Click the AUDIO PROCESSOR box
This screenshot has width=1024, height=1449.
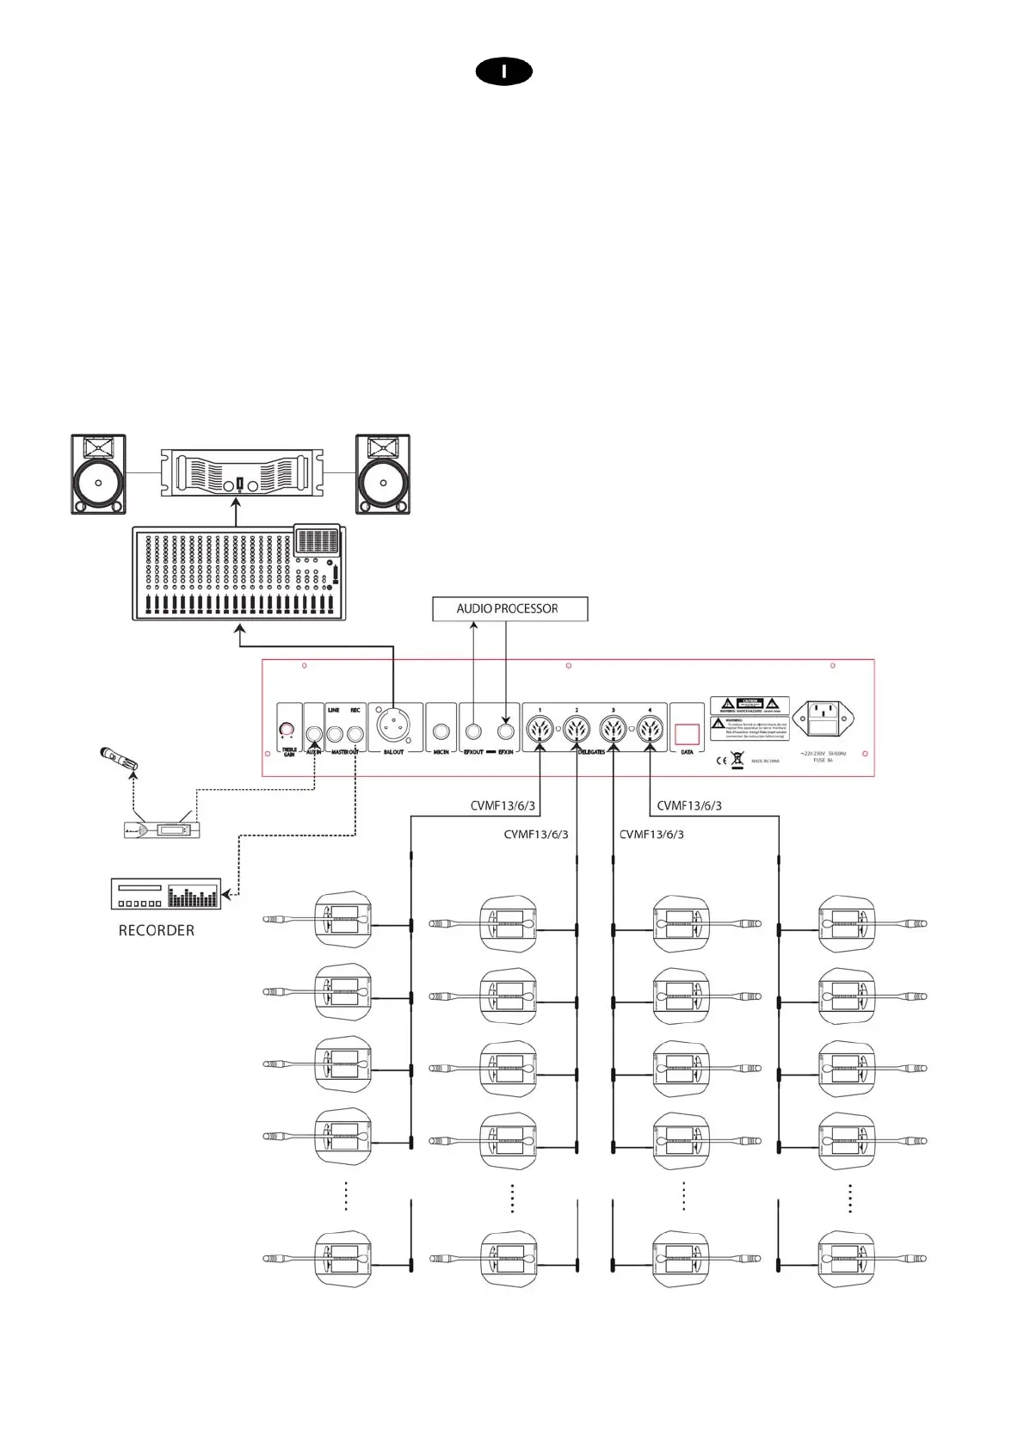point(509,608)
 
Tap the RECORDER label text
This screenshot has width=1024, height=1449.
point(156,930)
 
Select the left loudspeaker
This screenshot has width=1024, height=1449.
point(98,474)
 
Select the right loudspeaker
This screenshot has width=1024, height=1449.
point(382,474)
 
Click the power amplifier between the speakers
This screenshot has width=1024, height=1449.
point(242,472)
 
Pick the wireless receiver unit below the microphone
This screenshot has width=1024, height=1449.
point(163,830)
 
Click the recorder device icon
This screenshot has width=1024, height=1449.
point(166,894)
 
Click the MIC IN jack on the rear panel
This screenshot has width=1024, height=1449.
point(441,733)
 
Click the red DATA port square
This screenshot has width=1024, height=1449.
point(687,733)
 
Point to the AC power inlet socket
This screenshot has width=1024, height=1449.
point(824,719)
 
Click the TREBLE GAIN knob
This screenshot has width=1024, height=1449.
point(287,731)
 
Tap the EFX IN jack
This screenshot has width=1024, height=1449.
point(505,733)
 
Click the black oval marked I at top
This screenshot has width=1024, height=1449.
point(504,72)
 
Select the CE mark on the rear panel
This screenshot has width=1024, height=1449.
point(721,761)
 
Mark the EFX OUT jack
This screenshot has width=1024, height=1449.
point(473,733)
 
